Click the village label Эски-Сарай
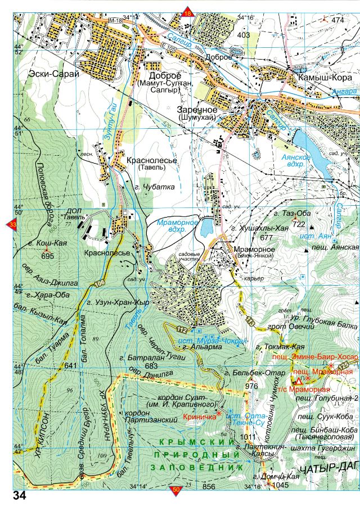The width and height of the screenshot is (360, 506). (56, 73)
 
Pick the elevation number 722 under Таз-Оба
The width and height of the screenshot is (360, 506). (297, 224)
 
